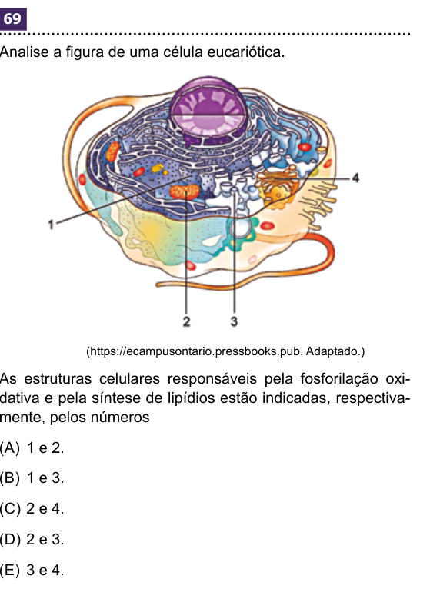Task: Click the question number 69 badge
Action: click(13, 18)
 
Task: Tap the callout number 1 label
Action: click(51, 225)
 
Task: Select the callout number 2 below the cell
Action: click(186, 321)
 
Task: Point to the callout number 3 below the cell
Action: click(234, 321)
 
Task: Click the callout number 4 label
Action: click(355, 178)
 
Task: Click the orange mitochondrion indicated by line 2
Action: click(185, 191)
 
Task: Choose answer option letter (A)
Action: click(10, 448)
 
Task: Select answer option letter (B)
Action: click(10, 478)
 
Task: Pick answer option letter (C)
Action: click(10, 508)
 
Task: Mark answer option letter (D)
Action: click(10, 539)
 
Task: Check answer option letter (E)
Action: click(10, 570)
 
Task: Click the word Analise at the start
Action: click(25, 52)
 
